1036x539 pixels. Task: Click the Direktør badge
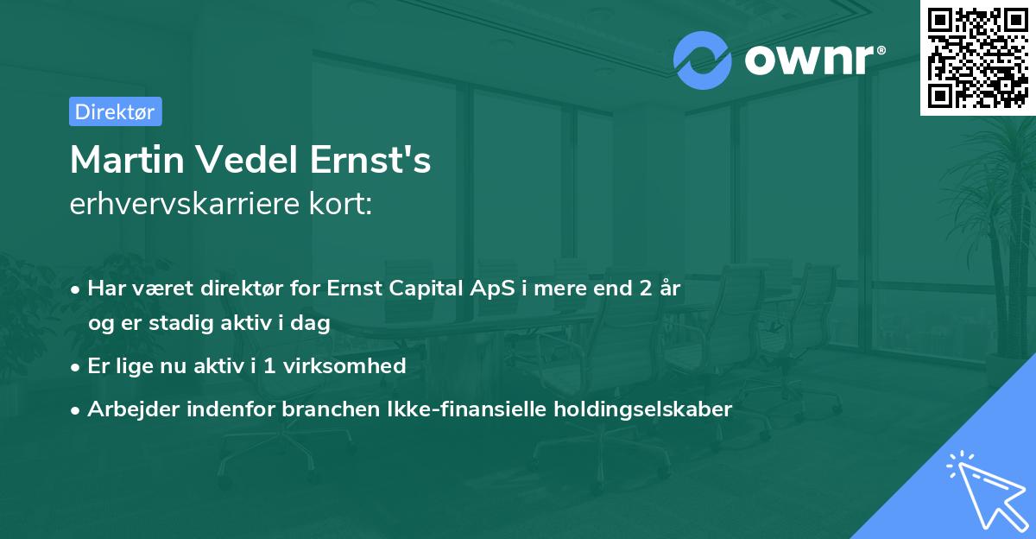click(x=115, y=111)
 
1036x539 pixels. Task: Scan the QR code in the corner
click(x=977, y=57)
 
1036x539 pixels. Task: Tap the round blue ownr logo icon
click(x=703, y=60)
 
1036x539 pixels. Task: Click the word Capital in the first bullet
click(x=421, y=289)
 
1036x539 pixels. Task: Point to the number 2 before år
click(x=645, y=289)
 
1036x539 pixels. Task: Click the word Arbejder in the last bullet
click(x=128, y=409)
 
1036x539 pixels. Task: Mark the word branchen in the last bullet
click(x=320, y=409)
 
